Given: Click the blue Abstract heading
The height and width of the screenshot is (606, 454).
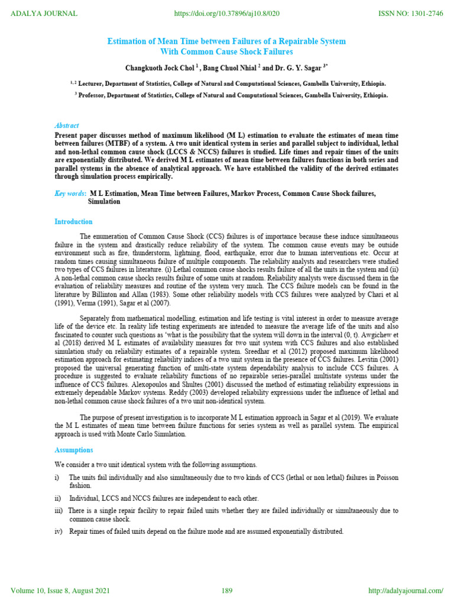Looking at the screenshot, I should [66, 125].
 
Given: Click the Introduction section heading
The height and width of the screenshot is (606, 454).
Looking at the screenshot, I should [73, 221].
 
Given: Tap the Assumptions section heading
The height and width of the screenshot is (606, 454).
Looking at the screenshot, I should [74, 450].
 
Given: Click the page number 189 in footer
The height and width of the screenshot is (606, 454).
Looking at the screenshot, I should [227, 591].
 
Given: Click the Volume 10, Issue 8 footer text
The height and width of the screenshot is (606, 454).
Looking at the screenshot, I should [60, 591].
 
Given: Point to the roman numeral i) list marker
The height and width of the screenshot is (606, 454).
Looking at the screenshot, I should [57, 477].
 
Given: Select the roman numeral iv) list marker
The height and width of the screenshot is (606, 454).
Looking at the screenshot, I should [59, 531].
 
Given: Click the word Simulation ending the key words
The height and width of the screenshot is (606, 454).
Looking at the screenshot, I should [104, 201].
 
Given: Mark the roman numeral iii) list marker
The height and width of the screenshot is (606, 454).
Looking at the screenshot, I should [59, 510].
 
